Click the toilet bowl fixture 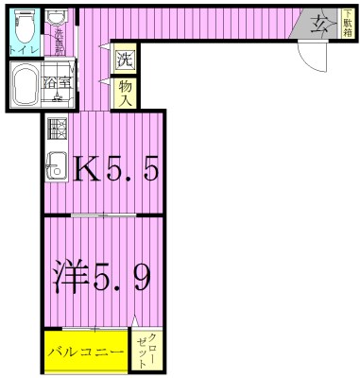(25, 22)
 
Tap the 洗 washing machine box (125, 58)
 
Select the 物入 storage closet (125, 92)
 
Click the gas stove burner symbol (57, 128)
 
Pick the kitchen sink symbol (56, 163)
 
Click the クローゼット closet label (147, 351)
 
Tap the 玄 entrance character (317, 26)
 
